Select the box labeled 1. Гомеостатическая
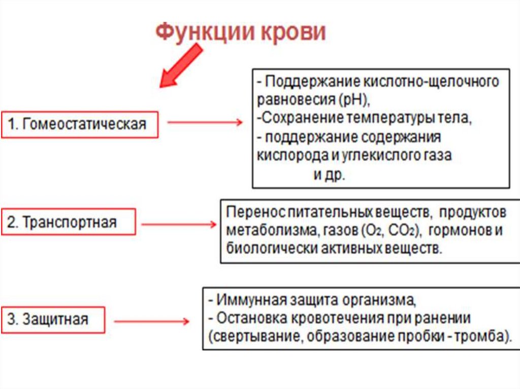[x=80, y=124]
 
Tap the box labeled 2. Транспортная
[x=68, y=222]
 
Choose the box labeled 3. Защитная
[x=53, y=319]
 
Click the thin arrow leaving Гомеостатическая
[x=205, y=123]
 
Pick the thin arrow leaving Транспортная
[x=178, y=224]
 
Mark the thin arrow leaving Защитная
[x=151, y=322]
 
